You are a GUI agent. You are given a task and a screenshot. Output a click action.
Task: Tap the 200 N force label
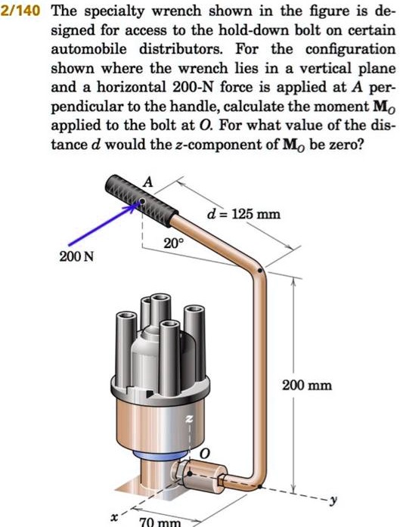(77, 257)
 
